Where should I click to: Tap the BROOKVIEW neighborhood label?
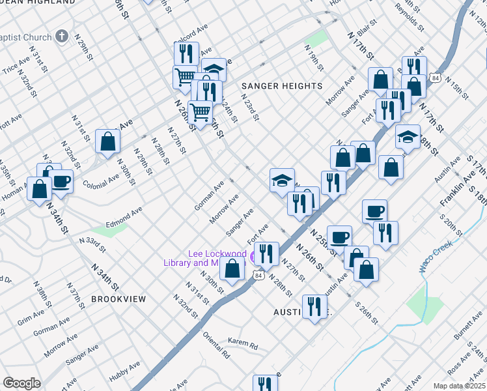click(118, 298)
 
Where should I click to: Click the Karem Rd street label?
click(243, 341)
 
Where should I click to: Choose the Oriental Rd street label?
click(217, 346)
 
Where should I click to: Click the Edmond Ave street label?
click(124, 216)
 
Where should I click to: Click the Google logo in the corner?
click(21, 383)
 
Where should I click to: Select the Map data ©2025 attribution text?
click(459, 386)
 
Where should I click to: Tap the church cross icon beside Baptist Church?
click(62, 36)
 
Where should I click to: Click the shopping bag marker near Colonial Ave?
click(107, 141)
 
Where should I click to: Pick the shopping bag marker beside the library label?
click(232, 268)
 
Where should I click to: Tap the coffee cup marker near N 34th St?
click(62, 181)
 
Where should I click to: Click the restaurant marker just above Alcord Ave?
click(188, 53)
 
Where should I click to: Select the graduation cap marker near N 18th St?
click(408, 137)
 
